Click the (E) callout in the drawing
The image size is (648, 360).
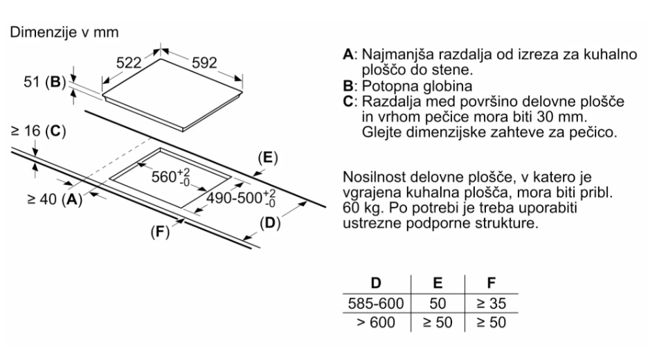click(x=267, y=158)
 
